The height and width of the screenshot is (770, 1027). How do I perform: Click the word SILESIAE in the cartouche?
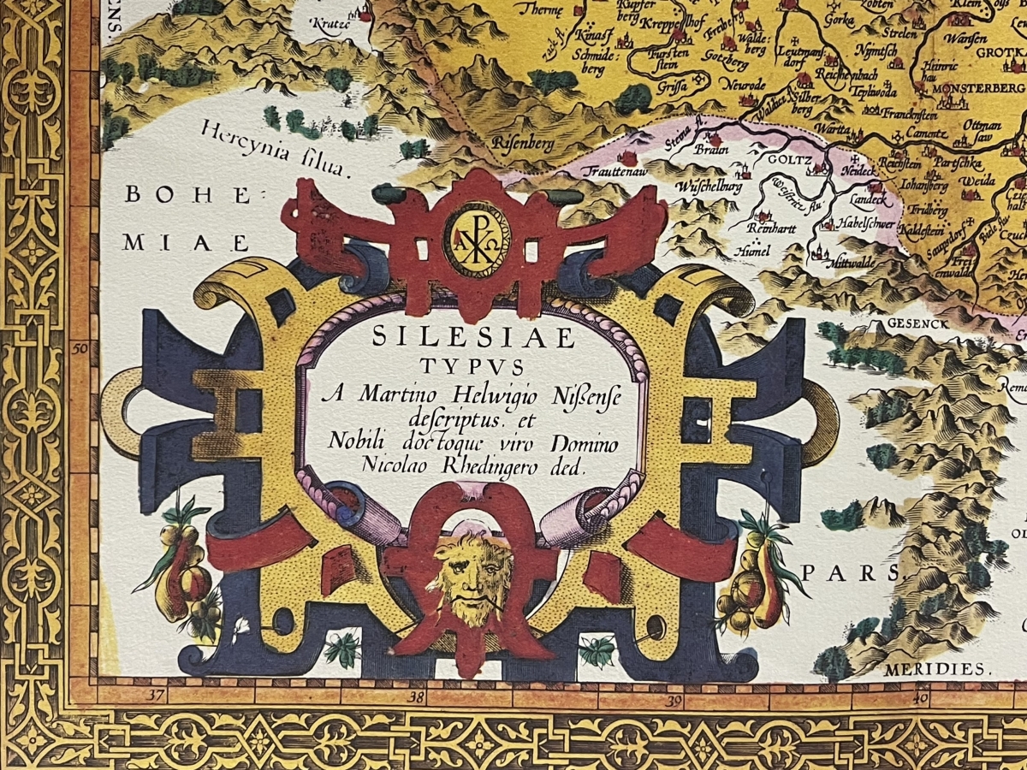(x=473, y=338)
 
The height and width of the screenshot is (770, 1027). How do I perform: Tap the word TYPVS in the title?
(x=472, y=367)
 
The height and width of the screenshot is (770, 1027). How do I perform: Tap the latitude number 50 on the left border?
(x=81, y=348)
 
